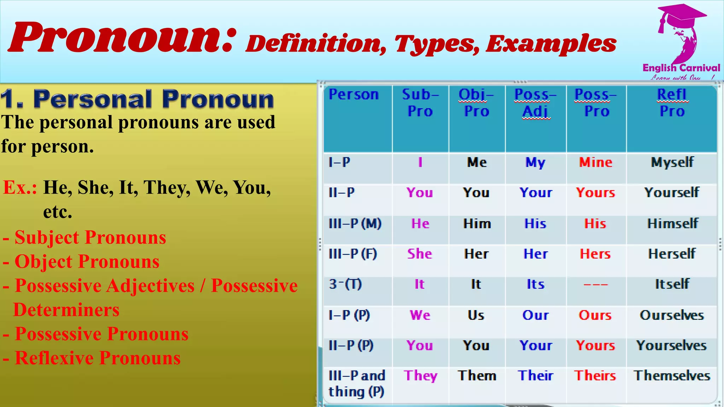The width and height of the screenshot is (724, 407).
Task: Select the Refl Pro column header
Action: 672,103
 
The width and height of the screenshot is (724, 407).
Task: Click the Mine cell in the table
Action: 596,163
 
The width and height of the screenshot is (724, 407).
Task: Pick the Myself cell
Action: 672,163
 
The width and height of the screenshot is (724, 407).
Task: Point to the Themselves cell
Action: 672,376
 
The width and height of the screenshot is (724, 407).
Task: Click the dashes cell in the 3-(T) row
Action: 596,284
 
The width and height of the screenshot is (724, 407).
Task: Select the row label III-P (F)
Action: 353,254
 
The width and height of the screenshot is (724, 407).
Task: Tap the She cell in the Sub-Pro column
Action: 420,254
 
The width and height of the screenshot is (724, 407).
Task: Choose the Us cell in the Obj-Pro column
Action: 476,315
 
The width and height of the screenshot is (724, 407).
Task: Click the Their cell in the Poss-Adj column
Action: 536,376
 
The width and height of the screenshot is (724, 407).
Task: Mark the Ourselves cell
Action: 672,315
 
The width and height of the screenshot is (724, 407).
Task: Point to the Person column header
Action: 354,95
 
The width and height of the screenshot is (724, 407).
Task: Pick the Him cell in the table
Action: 477,224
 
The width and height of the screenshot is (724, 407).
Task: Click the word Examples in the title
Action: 551,44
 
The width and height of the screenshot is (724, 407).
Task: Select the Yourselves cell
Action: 671,346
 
